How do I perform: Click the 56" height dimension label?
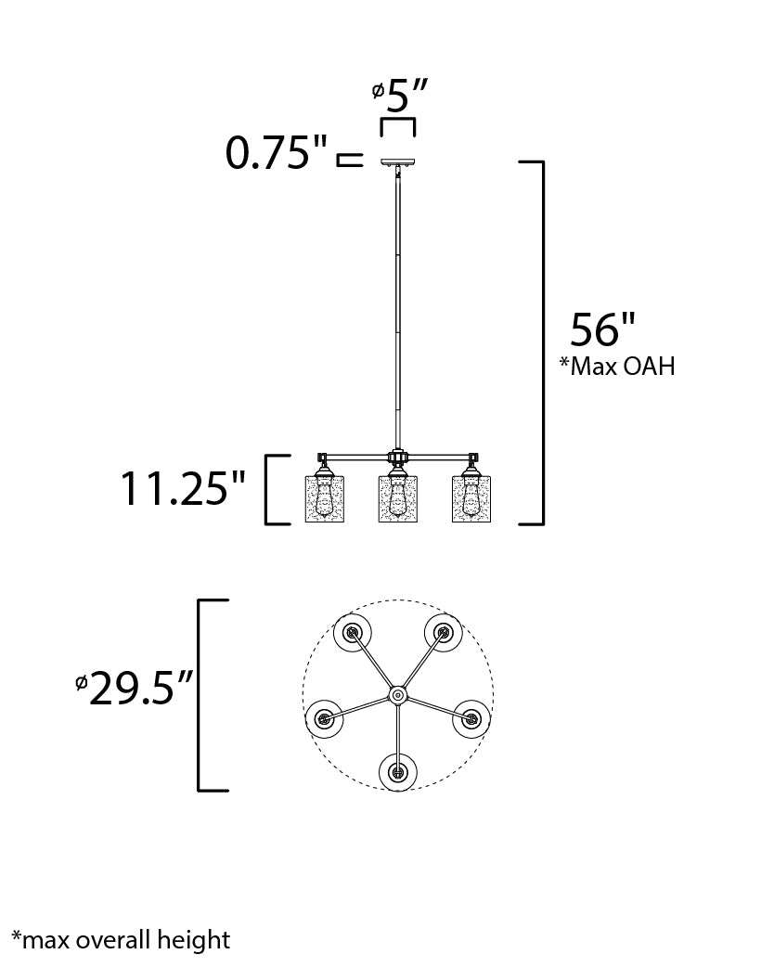click(x=602, y=329)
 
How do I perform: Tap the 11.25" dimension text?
click(x=183, y=488)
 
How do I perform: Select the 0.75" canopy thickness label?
click(x=276, y=152)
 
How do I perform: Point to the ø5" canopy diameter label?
click(x=400, y=97)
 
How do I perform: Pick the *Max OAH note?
click(x=617, y=366)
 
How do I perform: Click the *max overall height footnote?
click(x=121, y=940)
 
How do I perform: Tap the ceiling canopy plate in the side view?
click(x=398, y=162)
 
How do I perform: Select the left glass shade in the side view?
click(x=325, y=498)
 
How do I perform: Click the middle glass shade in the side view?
click(x=398, y=498)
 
